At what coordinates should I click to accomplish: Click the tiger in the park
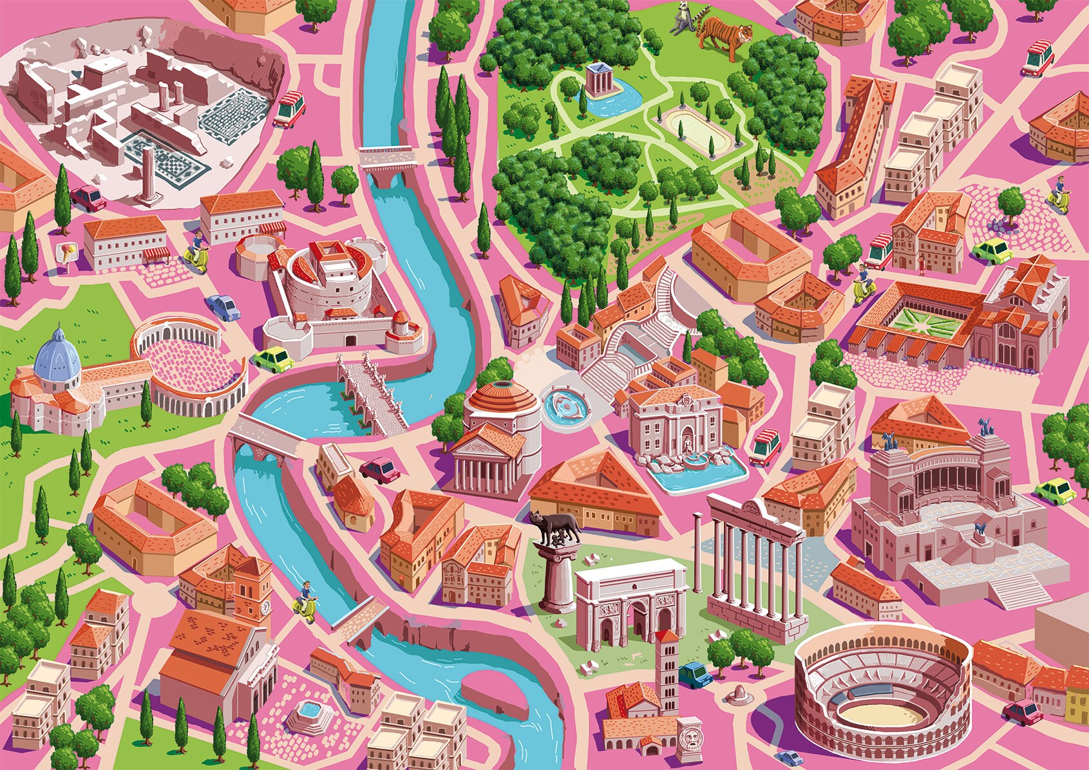point(724,32)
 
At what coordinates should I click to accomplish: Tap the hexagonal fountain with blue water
point(309,712)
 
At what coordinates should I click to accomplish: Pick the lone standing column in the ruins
point(149,174)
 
